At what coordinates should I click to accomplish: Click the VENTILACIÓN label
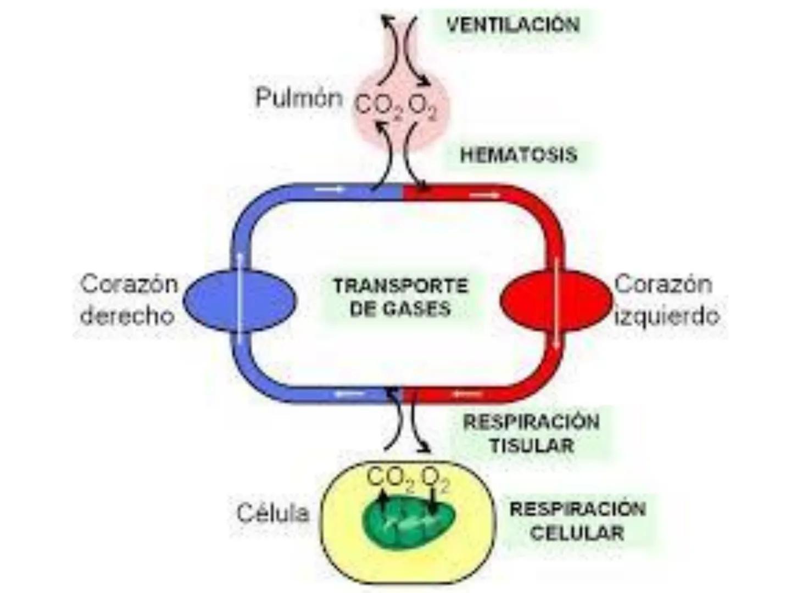(513, 25)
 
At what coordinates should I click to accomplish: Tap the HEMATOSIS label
(519, 155)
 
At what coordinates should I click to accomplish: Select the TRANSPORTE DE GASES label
(400, 297)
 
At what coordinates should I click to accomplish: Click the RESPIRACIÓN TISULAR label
(531, 433)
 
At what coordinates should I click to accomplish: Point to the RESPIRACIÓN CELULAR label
(577, 521)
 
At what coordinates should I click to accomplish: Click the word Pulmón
(299, 98)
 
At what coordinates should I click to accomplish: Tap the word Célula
(273, 513)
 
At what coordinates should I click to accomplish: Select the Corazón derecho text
(129, 300)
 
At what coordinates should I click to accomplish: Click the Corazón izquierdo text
(666, 300)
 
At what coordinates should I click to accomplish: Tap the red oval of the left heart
(527, 300)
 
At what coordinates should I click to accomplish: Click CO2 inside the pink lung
(378, 106)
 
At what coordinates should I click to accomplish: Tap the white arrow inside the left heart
(557, 302)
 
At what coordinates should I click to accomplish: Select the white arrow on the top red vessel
(486, 195)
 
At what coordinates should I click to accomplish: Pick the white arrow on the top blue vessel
(329, 189)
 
